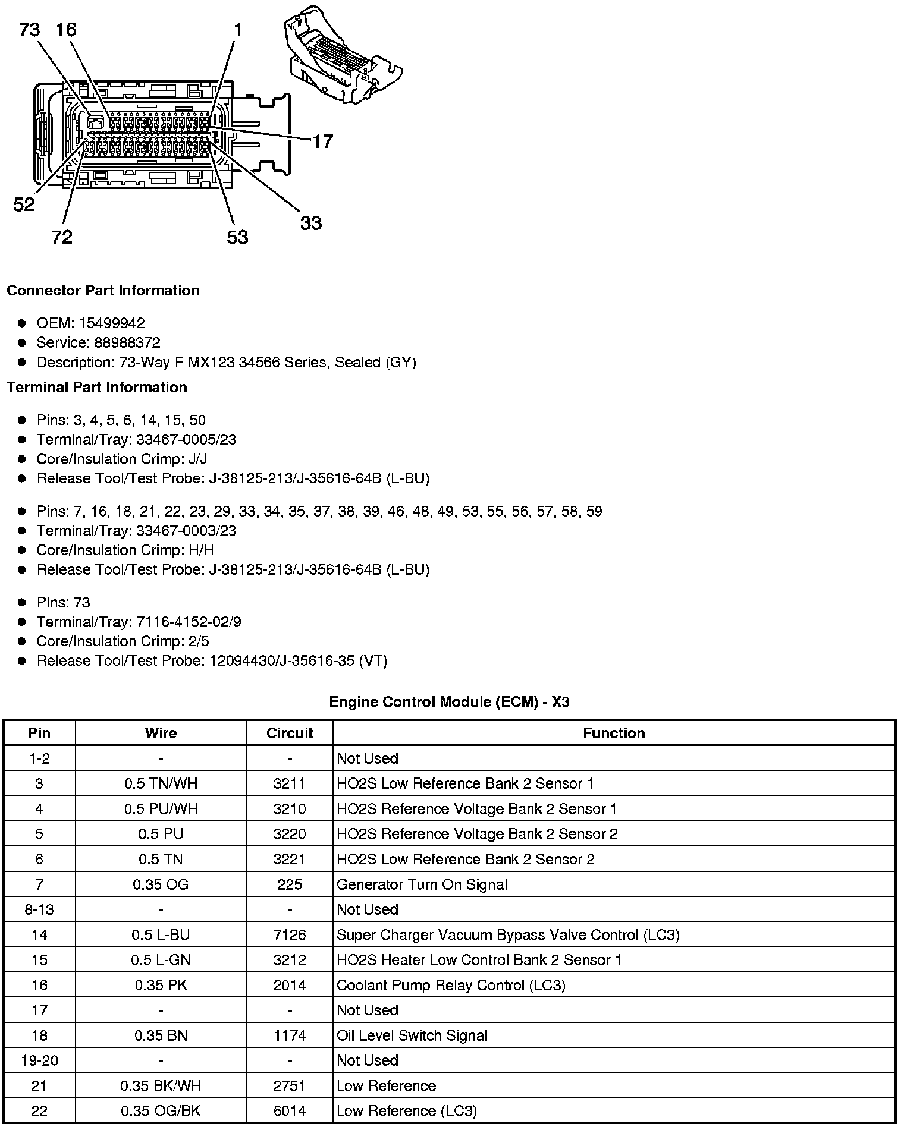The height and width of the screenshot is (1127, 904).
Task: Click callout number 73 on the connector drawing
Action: (30, 30)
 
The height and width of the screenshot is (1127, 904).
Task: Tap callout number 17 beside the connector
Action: (322, 141)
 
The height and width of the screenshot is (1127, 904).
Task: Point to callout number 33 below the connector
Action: (310, 223)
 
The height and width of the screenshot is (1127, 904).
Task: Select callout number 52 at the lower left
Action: (24, 205)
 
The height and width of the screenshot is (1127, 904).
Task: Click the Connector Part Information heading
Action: (103, 291)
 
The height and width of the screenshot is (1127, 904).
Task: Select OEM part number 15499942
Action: (112, 323)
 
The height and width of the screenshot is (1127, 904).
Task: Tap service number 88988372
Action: (127, 343)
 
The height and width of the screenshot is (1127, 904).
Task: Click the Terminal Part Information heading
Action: (97, 388)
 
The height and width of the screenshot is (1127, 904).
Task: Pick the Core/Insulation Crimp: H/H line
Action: (125, 550)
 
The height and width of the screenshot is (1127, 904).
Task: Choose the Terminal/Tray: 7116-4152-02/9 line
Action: (139, 622)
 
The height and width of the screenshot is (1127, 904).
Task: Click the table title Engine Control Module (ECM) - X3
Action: (449, 702)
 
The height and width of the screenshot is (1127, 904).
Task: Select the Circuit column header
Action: (290, 734)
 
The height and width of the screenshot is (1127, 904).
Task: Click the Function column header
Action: (614, 734)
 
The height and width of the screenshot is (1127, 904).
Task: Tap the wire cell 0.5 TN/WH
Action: (161, 784)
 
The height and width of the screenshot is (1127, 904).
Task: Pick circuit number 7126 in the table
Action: (290, 935)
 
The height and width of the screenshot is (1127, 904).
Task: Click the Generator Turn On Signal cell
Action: (422, 885)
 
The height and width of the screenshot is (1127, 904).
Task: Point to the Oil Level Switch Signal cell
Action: (412, 1036)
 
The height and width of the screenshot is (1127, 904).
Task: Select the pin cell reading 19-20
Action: (39, 1061)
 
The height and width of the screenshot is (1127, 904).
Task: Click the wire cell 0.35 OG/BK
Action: (161, 1111)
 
